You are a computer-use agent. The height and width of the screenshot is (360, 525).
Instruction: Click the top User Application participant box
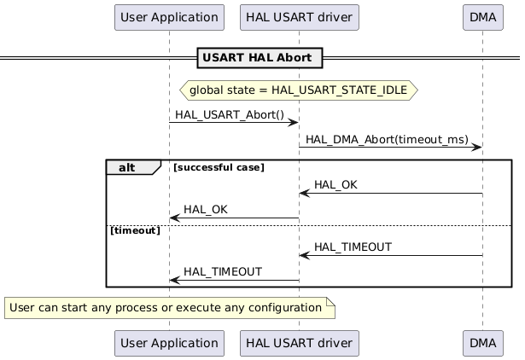pos(169,17)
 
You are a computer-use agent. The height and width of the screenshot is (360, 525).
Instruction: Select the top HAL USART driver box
pos(299,17)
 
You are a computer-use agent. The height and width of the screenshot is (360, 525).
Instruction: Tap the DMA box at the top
pos(482,17)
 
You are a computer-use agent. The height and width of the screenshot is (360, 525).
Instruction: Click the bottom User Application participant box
pos(169,343)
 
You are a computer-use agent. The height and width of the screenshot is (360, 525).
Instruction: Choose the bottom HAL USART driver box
pos(299,343)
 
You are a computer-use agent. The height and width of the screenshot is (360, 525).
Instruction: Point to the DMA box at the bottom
pos(482,343)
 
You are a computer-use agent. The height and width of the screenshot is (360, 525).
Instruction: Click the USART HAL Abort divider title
pos(260,58)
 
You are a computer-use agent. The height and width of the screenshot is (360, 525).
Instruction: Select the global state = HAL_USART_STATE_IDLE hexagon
pos(298,90)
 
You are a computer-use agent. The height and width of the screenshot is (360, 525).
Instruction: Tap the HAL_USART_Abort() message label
pos(230,114)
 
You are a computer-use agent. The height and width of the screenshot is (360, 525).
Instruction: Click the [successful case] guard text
pos(219,168)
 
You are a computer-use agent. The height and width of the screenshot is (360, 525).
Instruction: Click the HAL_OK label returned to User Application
pos(206,210)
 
